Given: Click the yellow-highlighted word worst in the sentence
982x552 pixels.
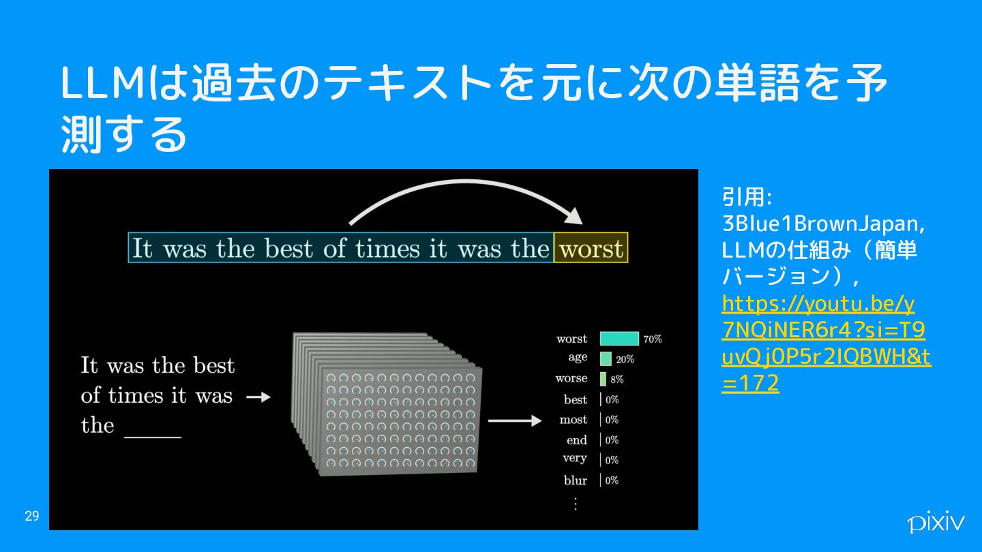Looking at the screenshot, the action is coord(591,248).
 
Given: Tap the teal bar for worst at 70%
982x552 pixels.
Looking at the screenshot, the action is coord(619,339).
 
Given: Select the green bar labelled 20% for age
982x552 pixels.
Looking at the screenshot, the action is coord(606,358).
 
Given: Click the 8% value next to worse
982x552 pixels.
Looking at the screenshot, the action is coord(616,380).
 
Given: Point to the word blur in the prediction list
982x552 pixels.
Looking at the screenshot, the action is coord(575,480).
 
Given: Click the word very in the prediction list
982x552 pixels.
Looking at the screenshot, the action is coord(575,458).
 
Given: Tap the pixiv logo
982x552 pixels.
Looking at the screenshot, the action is coord(936,521).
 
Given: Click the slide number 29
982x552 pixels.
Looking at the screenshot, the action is coord(32,516).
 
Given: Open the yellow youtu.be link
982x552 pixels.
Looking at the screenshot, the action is coord(826,343).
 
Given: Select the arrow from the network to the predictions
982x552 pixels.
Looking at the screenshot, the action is coord(515,420).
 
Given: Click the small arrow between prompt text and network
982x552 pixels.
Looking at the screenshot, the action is coord(258,397).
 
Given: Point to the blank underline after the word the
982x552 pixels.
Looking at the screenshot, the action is coord(153,437).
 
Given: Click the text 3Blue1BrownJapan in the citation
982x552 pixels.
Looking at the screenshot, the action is coord(823,224).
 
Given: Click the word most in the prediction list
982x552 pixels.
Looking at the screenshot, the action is coord(574,420).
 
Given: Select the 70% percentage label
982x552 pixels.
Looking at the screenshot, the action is coord(653,339).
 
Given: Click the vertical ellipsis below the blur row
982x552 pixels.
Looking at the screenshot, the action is coord(575,504).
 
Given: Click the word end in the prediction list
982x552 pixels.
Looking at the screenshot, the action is coord(576,440).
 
